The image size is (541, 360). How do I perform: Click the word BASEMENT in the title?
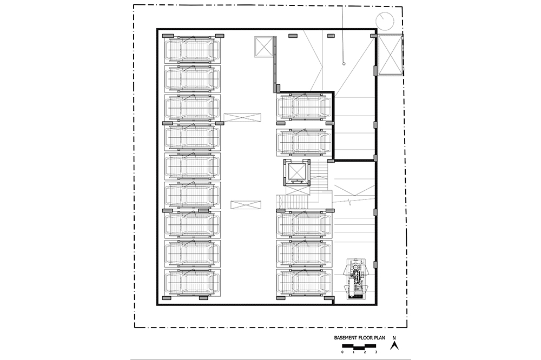347,338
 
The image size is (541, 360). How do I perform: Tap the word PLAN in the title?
380,338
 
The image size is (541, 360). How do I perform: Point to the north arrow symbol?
394,345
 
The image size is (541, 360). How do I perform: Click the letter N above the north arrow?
394,338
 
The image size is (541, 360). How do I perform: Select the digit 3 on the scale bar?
376,352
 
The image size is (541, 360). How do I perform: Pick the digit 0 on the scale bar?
342,352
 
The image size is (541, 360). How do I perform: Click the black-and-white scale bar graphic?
359,346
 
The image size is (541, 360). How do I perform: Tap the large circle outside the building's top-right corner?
385,21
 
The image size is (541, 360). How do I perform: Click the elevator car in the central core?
297,172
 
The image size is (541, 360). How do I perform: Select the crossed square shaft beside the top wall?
263,47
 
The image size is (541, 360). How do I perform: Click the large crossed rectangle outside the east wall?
391,55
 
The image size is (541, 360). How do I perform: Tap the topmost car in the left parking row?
192,49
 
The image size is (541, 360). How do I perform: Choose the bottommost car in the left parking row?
192,282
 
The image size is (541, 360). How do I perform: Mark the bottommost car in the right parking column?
304,282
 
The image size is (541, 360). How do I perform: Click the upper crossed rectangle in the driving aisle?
242,117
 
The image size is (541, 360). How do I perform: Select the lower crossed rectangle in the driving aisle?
246,205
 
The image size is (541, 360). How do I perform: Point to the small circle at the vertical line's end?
344,63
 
